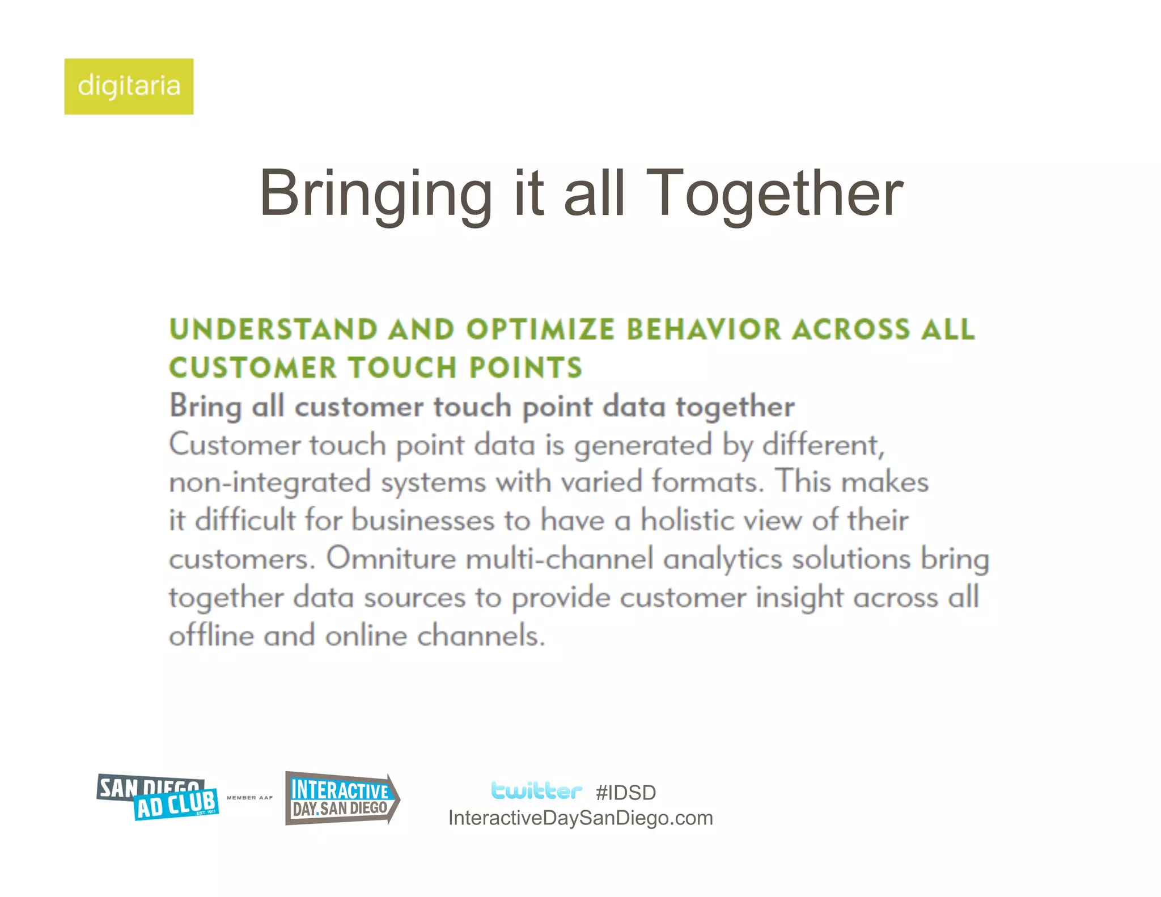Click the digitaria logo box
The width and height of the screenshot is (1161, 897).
tap(129, 86)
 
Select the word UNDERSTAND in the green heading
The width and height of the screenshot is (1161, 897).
tap(273, 329)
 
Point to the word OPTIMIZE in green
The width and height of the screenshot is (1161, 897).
tap(540, 329)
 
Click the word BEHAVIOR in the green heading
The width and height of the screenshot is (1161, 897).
tap(703, 329)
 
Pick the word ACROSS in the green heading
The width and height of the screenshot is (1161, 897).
tap(850, 329)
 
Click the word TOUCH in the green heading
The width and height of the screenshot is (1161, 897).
tap(402, 367)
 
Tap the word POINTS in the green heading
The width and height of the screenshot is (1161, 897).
tap(526, 367)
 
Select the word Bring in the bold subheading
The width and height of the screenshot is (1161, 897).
tap(205, 407)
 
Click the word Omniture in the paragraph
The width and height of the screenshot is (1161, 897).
tap(391, 558)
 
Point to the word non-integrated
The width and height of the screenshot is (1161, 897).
tap(269, 483)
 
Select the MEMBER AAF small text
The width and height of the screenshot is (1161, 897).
tap(249, 798)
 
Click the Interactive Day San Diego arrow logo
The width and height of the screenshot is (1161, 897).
tap(341, 798)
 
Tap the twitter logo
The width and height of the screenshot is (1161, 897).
tap(536, 790)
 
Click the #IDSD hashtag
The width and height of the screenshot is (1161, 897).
tap(626, 793)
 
